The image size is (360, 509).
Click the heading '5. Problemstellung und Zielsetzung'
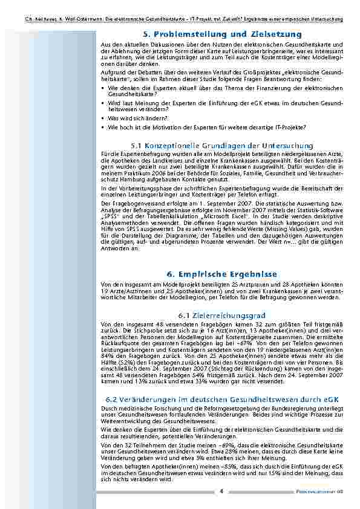pyautogui.click(x=223, y=34)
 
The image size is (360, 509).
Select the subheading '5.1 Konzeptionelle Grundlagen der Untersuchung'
pyautogui.click(x=223, y=146)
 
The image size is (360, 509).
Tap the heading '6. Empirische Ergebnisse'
pyautogui.click(x=223, y=274)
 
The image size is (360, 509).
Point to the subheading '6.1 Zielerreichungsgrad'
pyautogui.click(x=223, y=316)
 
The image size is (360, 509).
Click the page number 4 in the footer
pyautogui.click(x=221, y=491)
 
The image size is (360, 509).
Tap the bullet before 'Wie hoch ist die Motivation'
pyautogui.click(x=103, y=128)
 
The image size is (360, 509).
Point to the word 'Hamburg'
pyautogui.click(x=123, y=180)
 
